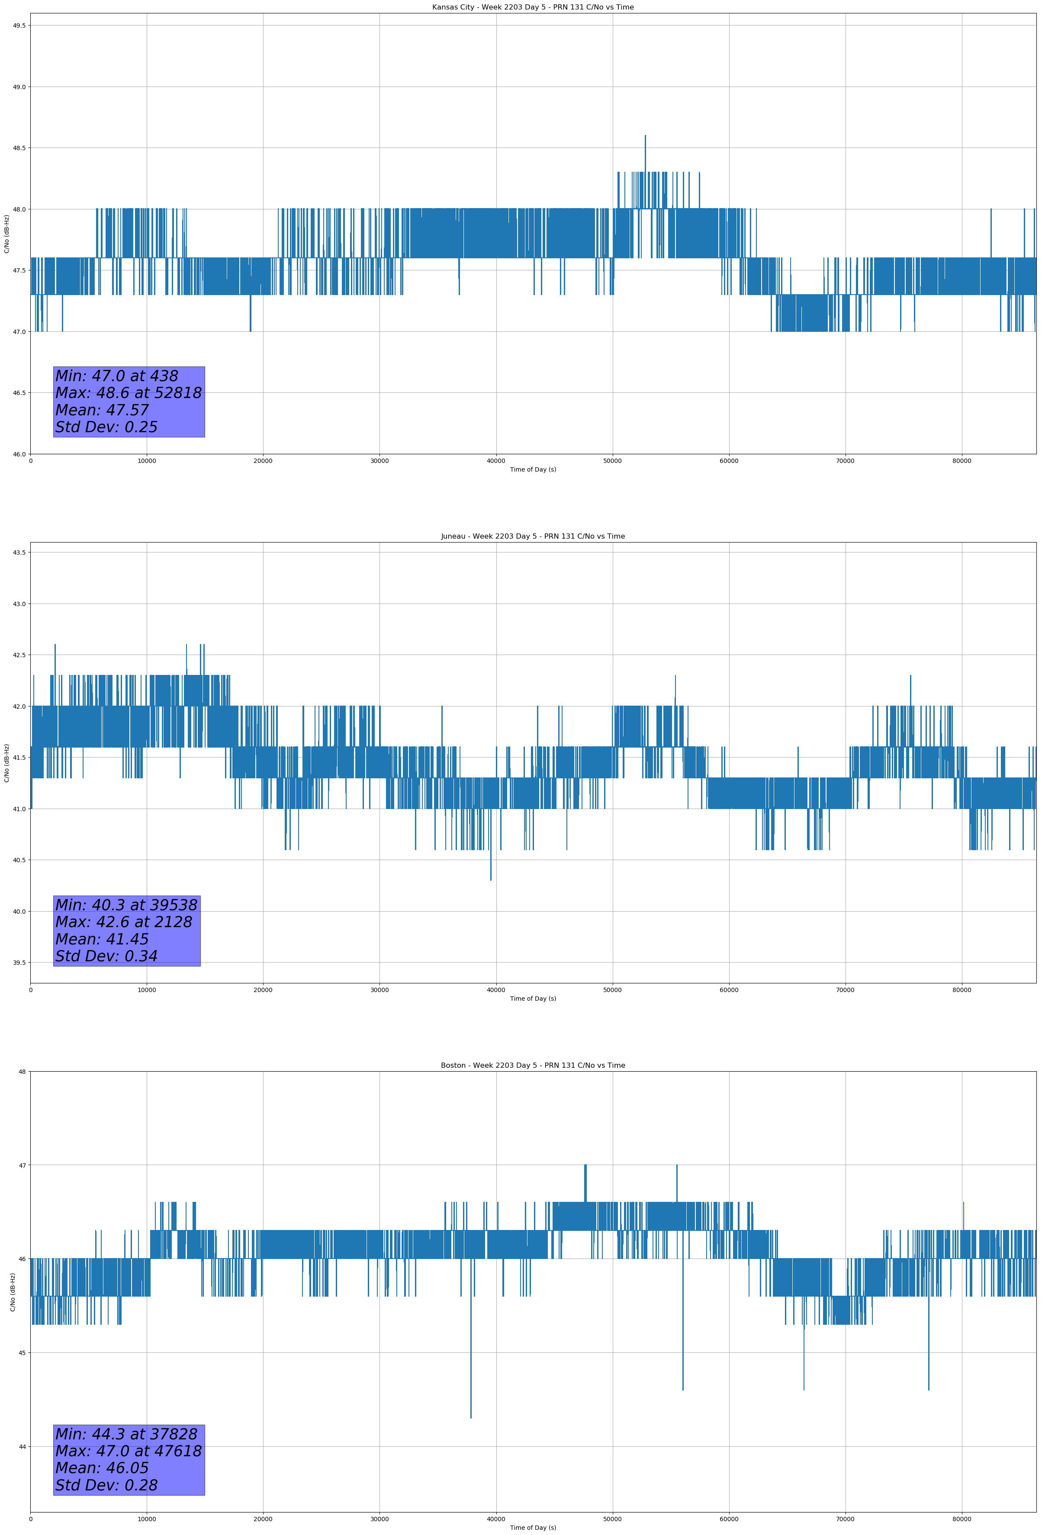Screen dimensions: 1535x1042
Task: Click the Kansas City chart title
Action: point(533,7)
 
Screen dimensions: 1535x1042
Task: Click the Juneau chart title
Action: point(533,536)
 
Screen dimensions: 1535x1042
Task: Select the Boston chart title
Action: point(533,1066)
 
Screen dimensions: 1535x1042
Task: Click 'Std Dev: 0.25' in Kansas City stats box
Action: point(106,427)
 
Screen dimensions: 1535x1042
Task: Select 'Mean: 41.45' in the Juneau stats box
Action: point(102,939)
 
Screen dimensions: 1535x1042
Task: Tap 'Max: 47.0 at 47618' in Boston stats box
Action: point(128,1451)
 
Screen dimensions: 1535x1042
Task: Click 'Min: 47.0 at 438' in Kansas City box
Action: point(116,376)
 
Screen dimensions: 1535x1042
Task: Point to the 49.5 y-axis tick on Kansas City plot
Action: point(19,25)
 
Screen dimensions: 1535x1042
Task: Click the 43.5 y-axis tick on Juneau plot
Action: point(19,552)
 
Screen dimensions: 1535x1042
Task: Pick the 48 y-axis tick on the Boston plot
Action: point(23,1071)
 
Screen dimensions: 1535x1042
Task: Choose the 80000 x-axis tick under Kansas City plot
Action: point(962,461)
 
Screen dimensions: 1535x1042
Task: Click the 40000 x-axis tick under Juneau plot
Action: point(495,990)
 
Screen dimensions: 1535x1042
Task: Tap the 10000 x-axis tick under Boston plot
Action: point(147,1519)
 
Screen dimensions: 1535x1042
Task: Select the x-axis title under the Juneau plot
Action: point(533,999)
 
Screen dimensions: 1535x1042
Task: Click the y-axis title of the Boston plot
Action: point(13,1292)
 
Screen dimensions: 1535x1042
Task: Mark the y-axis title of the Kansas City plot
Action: point(6,234)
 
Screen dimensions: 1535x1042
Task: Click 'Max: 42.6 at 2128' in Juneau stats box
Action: point(124,922)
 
